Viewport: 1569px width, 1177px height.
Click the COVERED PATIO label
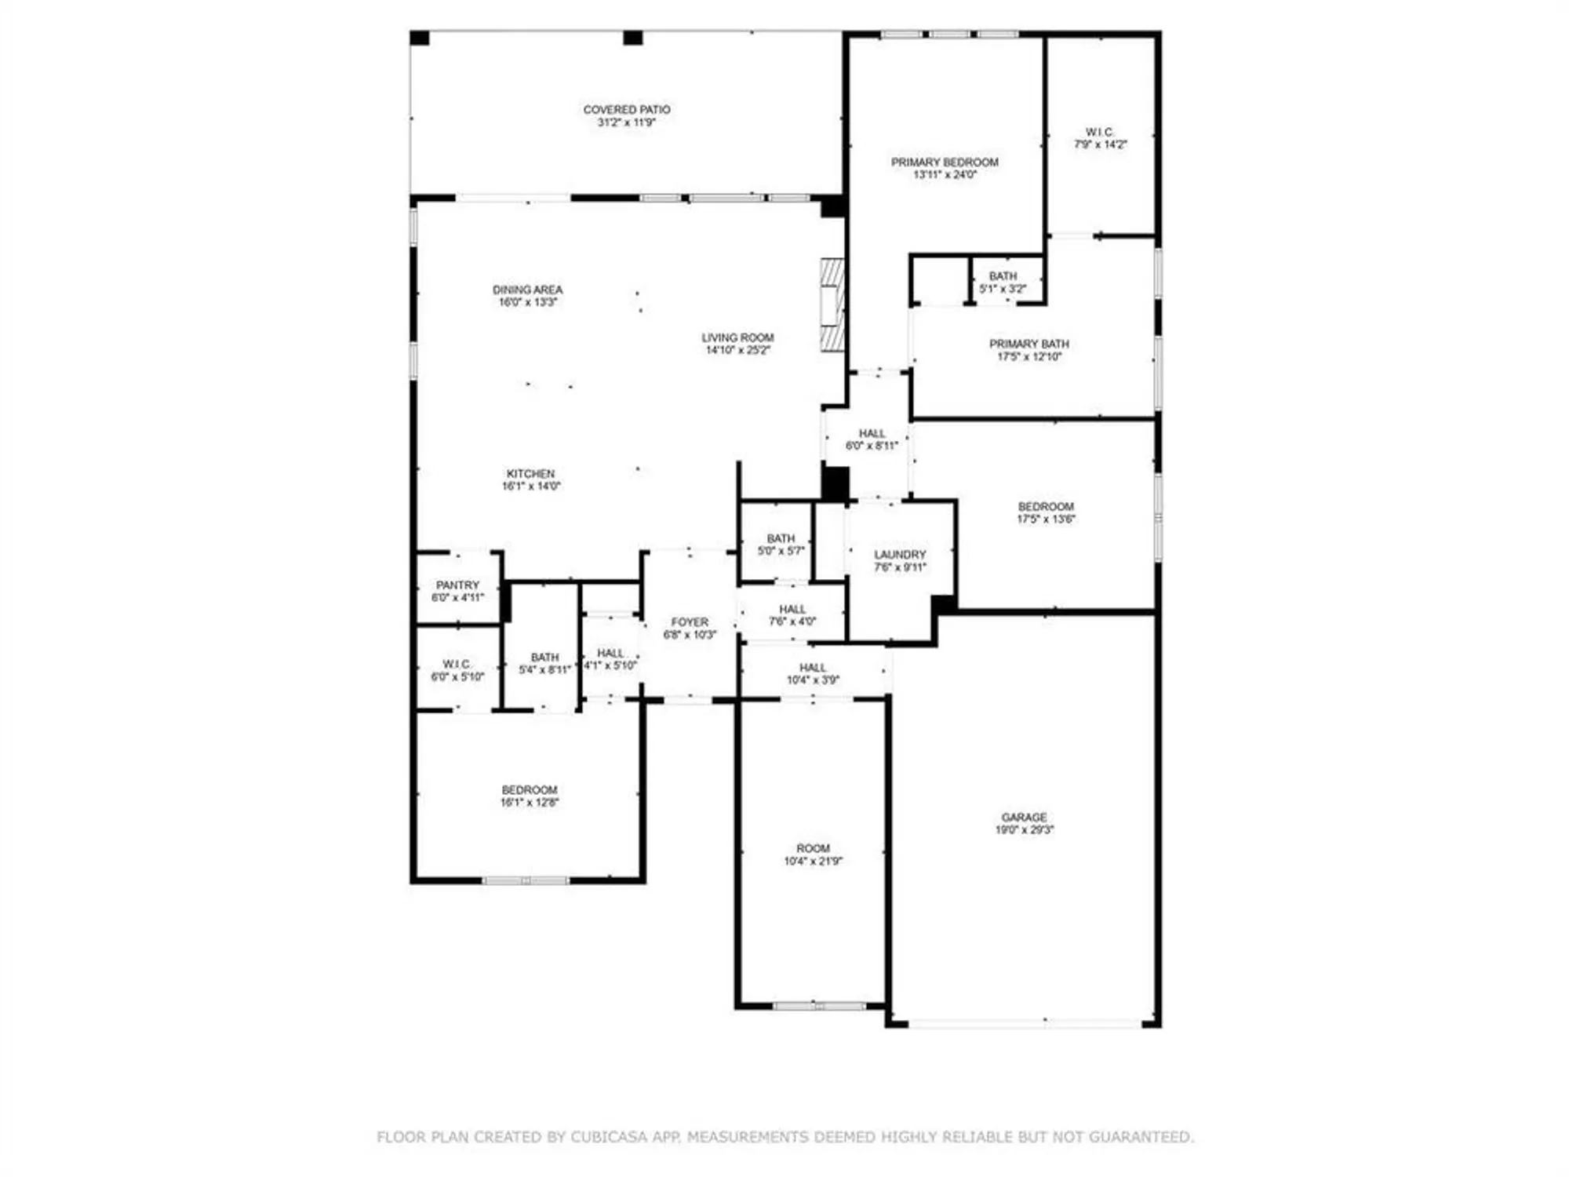click(626, 110)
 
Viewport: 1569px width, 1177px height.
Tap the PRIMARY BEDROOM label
click(945, 162)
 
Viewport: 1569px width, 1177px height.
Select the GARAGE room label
click(1024, 818)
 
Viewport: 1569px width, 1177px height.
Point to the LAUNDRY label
click(900, 555)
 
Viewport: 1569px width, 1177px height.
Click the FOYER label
click(690, 622)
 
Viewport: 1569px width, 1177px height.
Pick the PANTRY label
click(457, 585)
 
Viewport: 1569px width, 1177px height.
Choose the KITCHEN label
click(530, 474)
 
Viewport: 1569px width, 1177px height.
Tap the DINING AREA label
click(527, 290)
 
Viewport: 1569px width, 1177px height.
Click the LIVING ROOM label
click(737, 338)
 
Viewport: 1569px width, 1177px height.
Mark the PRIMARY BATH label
click(1028, 344)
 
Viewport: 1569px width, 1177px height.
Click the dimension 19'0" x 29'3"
click(1025, 829)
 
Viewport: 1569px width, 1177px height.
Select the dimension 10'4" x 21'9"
click(813, 861)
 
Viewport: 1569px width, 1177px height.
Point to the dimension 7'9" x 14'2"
click(1100, 144)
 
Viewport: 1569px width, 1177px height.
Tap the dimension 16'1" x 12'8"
click(530, 803)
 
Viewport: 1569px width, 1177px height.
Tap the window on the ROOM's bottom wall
click(819, 1006)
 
